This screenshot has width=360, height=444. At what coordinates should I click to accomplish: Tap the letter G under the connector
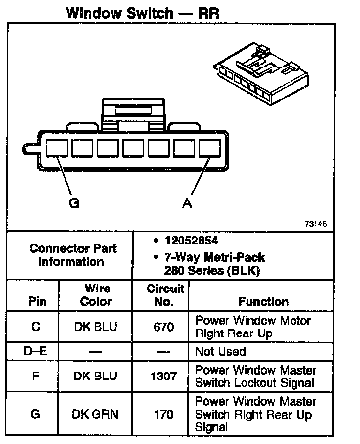74,203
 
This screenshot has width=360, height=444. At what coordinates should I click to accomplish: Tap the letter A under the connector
187,203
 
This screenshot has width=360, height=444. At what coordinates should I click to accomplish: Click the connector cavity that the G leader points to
57,148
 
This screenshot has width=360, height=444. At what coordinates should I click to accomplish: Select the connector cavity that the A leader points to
209,148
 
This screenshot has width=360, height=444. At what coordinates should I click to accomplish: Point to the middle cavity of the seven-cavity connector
133,148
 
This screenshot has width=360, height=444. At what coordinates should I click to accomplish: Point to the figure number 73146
315,224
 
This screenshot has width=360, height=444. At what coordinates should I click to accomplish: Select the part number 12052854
191,241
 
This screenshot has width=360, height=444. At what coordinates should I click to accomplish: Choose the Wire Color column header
95,295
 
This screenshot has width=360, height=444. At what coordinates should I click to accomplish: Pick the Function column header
263,302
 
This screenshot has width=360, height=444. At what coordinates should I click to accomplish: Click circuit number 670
163,327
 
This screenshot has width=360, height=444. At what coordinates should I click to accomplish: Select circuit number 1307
163,376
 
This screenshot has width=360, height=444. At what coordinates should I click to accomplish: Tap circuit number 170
163,414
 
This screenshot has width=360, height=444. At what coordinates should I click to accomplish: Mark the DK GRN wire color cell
95,414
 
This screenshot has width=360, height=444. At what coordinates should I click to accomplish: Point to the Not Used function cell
220,351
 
